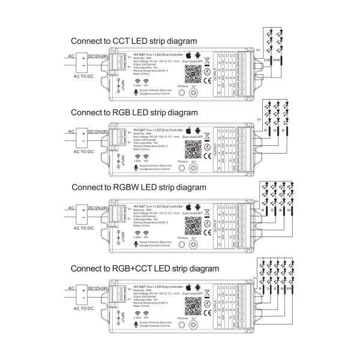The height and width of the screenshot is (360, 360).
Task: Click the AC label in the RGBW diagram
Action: (70, 207)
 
